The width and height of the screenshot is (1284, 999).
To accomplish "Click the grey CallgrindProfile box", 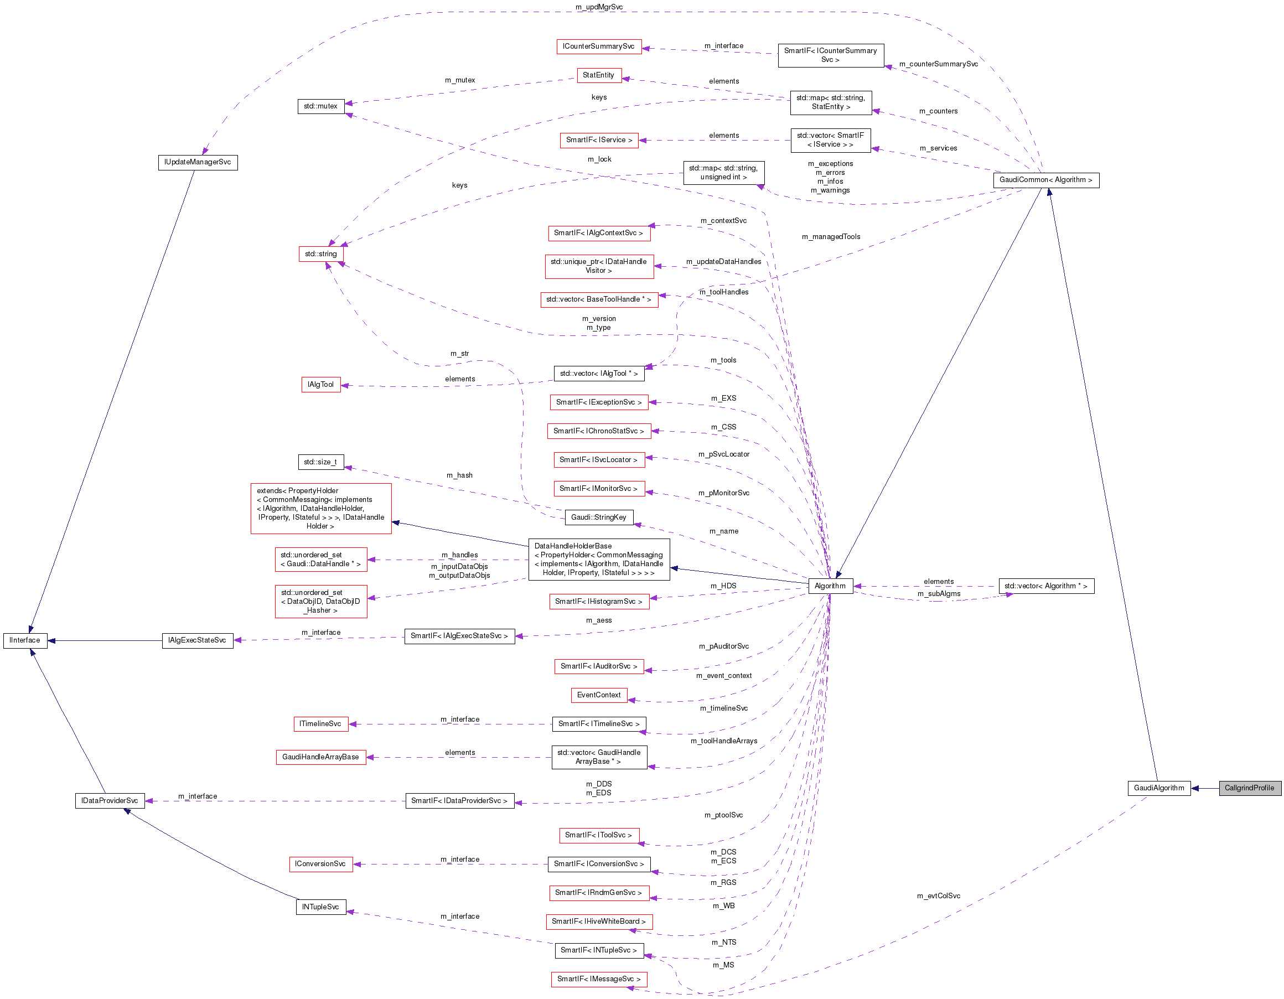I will point(1249,788).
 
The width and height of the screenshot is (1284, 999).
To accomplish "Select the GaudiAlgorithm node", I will point(1158,788).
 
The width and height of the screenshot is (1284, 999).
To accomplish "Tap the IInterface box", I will point(25,640).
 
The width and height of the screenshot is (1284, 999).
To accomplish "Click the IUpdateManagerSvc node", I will point(198,162).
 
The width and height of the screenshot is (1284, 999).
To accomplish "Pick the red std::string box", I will point(320,254).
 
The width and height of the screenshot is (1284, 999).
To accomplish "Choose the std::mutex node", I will point(320,106).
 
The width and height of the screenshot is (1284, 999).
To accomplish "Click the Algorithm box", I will point(830,586).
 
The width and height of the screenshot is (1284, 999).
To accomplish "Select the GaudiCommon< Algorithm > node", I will point(1045,180).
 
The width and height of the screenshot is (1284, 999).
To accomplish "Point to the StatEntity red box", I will point(598,75).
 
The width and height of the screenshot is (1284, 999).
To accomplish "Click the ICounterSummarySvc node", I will point(598,46).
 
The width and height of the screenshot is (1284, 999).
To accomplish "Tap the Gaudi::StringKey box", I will point(598,517).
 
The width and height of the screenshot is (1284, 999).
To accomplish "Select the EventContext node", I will point(598,695).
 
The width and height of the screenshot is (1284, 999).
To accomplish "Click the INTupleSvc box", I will point(320,907).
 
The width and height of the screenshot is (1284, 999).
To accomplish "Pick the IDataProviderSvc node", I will point(110,801).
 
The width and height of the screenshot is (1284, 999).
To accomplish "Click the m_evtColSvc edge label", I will point(938,896).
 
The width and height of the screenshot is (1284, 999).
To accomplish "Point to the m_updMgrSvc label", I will point(598,7).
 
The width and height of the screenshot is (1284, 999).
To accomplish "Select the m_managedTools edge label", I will point(830,237).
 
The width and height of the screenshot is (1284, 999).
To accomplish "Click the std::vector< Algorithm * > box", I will point(1045,586).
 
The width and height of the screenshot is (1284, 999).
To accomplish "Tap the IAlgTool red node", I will point(320,385).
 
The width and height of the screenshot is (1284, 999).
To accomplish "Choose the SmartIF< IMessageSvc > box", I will point(598,979).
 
